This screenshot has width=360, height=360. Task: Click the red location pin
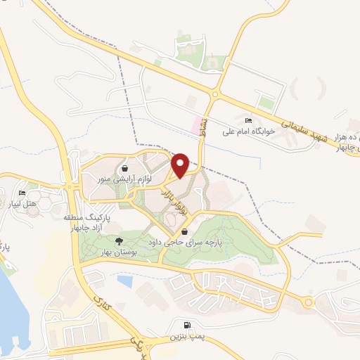point(180,165)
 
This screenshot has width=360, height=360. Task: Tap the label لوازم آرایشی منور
point(124,180)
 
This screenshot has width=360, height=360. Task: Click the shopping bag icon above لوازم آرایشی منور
point(124,169)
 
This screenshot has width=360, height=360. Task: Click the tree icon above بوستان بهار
point(125,240)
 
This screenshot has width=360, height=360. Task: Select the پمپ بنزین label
point(186,337)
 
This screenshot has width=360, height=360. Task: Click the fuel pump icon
point(186,326)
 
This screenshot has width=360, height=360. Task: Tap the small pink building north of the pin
point(196,127)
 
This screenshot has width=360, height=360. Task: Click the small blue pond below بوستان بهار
point(125,281)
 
